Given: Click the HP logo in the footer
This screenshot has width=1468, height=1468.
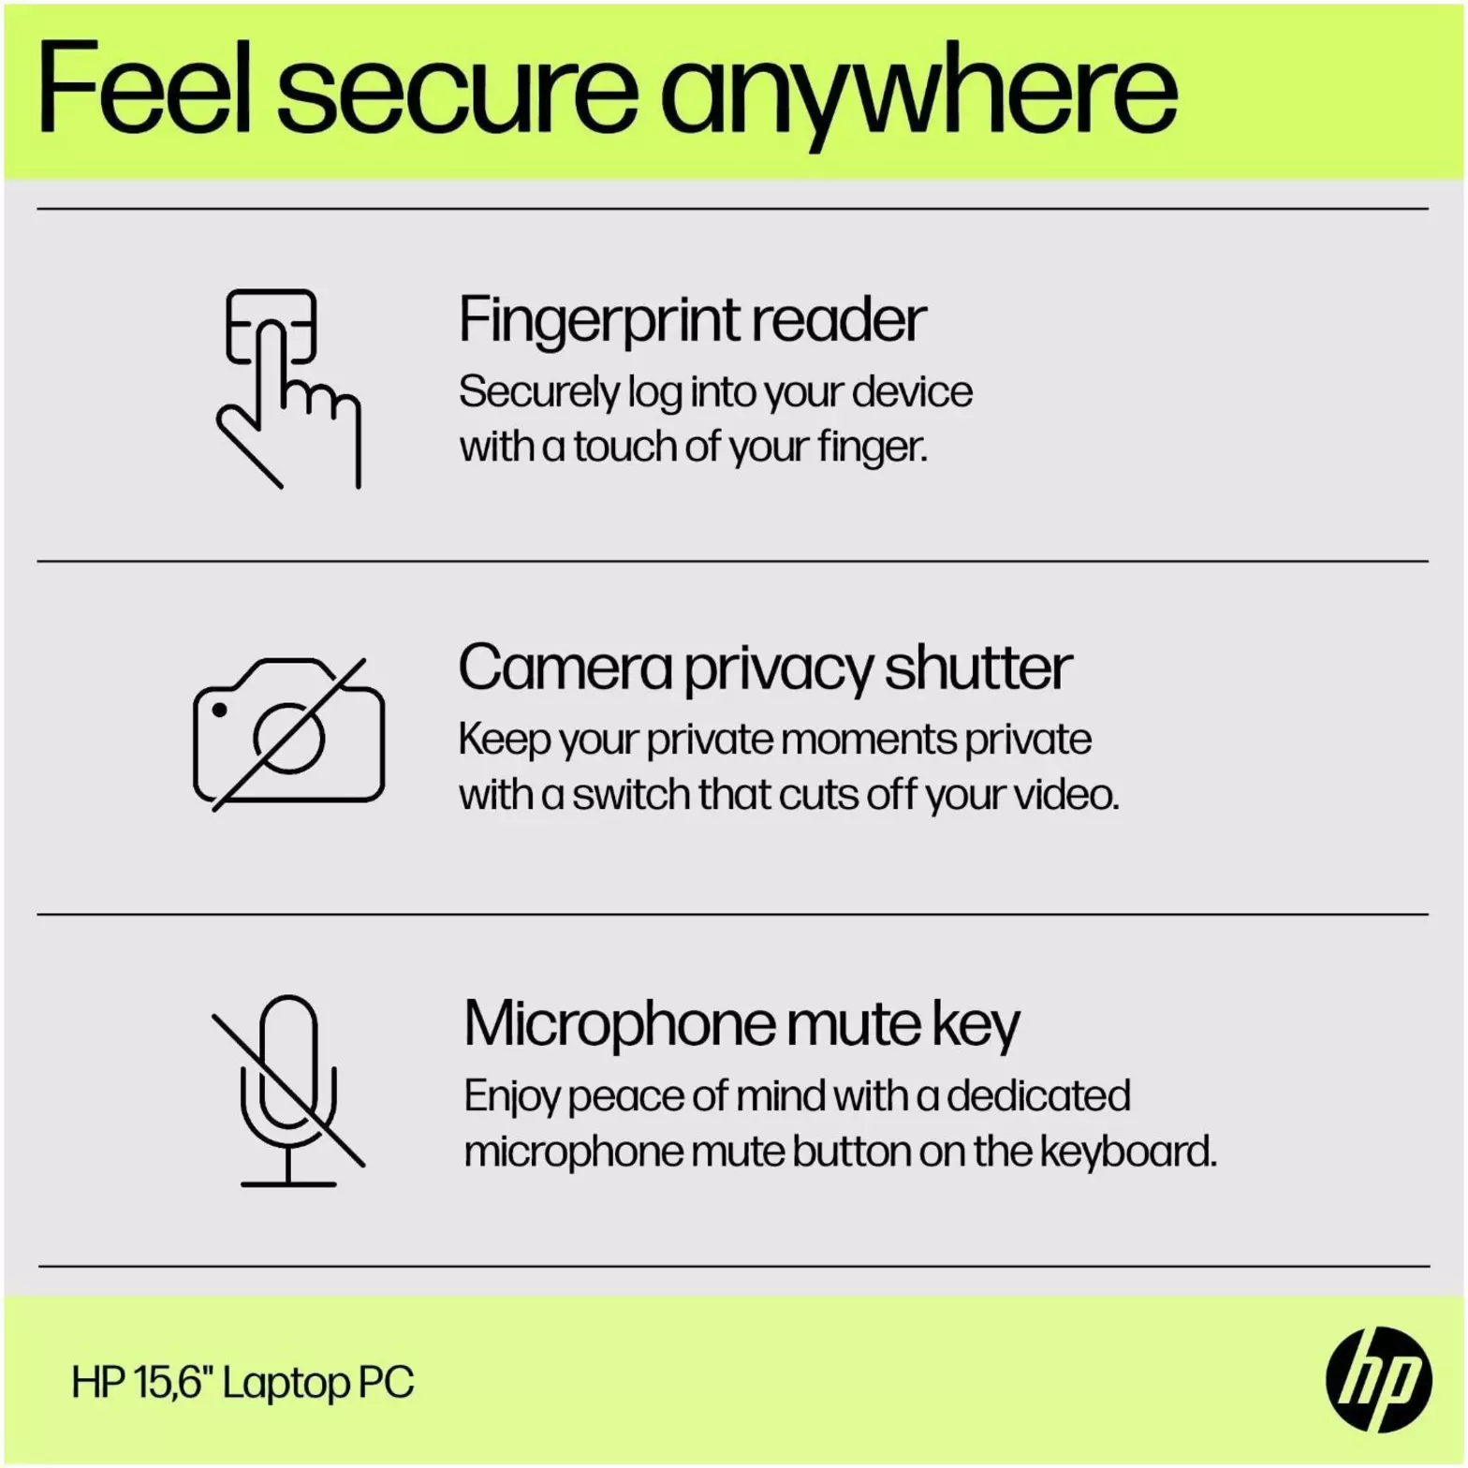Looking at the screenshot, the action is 1378,1379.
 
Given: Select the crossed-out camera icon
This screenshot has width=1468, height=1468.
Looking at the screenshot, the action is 288,733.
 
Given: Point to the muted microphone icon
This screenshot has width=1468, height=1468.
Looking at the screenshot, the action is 288,1091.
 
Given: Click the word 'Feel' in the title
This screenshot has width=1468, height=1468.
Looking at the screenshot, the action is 144,89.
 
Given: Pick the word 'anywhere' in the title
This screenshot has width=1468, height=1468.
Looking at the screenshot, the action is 919,96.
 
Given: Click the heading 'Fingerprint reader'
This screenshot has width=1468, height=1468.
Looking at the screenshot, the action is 692,320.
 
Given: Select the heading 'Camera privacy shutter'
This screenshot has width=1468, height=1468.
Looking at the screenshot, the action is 765,668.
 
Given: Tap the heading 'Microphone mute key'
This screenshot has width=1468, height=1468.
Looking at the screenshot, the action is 741,1024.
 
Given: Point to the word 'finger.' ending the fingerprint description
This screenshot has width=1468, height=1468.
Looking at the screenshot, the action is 873,447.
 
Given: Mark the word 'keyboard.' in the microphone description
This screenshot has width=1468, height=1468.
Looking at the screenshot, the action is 1129,1152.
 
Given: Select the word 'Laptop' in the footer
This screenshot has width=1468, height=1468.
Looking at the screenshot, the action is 285,1384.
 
